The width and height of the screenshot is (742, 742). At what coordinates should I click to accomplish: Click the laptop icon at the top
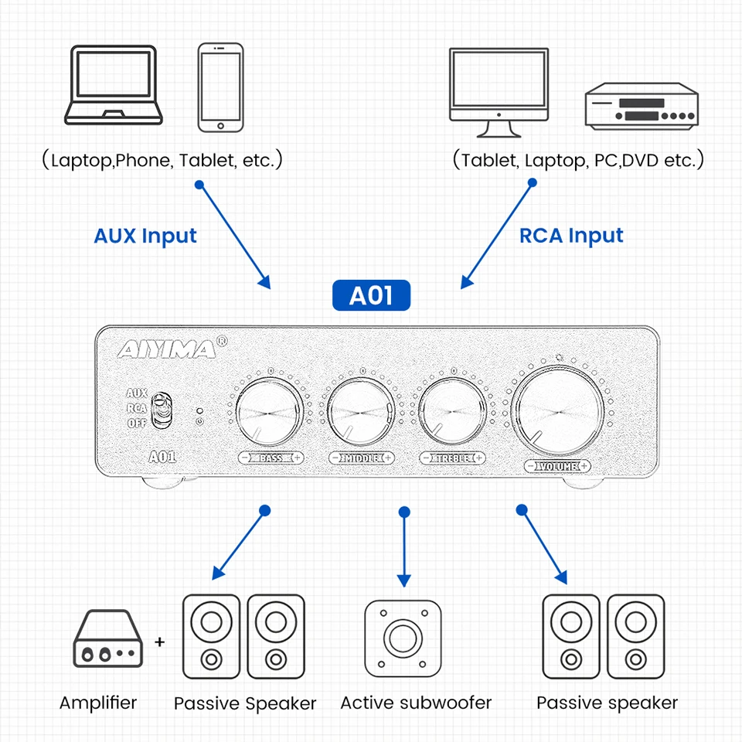click(114, 86)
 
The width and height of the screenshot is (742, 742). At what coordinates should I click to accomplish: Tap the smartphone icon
click(220, 87)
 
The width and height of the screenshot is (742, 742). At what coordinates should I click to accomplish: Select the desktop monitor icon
click(499, 87)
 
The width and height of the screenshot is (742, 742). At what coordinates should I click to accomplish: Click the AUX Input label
click(145, 236)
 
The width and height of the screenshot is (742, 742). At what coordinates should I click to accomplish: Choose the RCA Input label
click(571, 236)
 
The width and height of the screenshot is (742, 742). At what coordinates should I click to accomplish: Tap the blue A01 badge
click(371, 296)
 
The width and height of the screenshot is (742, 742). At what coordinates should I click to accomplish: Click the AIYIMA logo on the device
click(167, 350)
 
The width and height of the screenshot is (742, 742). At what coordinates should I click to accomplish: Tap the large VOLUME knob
click(556, 410)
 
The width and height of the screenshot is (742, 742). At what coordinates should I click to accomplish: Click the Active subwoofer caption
click(416, 703)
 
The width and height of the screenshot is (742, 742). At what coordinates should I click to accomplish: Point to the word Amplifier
click(98, 703)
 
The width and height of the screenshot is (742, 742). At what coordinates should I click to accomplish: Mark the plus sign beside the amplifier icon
click(160, 642)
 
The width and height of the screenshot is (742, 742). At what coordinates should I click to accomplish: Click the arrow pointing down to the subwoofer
click(402, 549)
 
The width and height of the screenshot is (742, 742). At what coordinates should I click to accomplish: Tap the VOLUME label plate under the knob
click(557, 465)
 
